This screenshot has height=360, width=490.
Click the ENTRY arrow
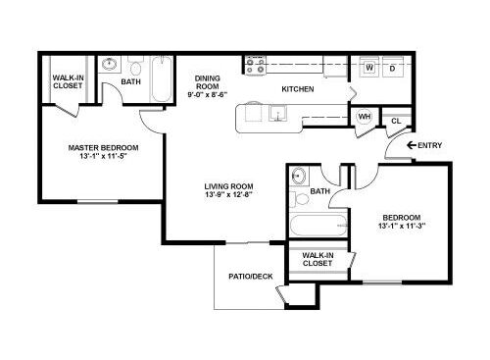coord(412,145)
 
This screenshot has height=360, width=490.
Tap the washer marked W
coord(369,67)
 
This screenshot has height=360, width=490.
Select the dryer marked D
coord(393,67)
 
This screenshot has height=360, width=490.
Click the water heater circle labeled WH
coord(365,117)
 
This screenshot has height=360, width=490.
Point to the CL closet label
coord(396,121)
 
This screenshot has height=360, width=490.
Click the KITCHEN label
coord(298,89)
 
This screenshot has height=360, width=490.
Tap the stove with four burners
coord(256,65)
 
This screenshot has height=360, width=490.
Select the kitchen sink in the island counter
coord(278,113)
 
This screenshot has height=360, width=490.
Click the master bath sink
coord(109,64)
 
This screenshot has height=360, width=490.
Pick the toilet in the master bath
coord(135,66)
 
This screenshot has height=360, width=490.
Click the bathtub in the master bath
coord(162,79)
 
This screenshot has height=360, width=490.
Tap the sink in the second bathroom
coord(298,176)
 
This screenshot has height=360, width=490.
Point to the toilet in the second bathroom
coord(300,199)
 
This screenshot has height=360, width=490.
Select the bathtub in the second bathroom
coord(318,225)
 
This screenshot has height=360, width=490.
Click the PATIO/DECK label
coord(251,277)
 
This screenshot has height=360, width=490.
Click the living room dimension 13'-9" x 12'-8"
coord(228,195)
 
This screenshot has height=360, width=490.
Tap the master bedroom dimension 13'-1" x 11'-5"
coord(103,156)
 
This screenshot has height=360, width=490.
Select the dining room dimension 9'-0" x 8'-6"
coord(208,95)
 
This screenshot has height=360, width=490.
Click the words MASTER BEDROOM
coord(103,148)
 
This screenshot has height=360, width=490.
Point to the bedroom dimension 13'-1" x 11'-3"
coord(402,226)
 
